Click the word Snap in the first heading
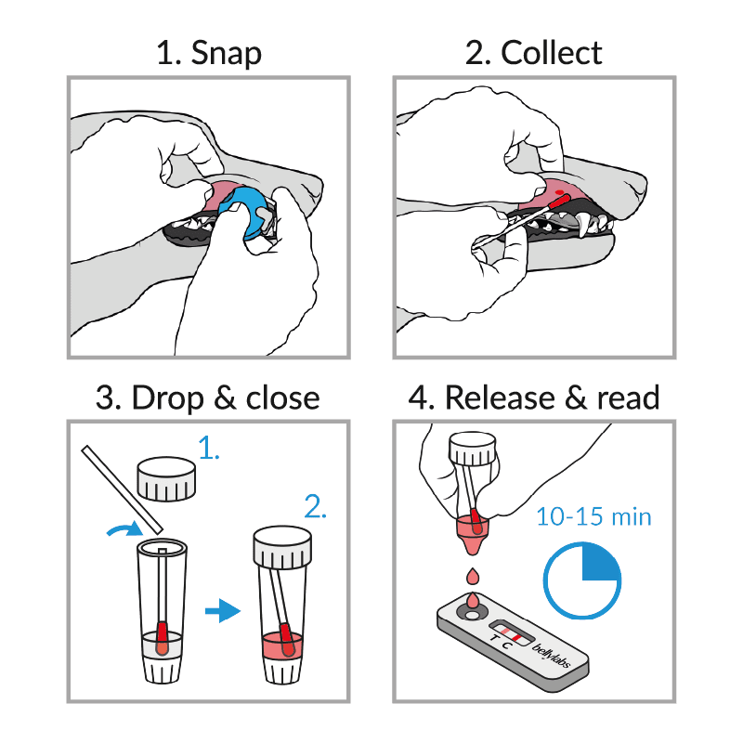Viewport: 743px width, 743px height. click(226, 53)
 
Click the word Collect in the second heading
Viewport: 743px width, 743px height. click(552, 52)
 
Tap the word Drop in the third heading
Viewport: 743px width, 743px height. click(168, 398)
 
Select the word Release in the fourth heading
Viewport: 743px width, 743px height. click(500, 398)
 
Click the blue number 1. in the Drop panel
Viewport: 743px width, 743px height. click(208, 448)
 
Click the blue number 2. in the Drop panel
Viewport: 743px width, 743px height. click(315, 506)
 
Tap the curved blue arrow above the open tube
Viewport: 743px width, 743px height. click(124, 528)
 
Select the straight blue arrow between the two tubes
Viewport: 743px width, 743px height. click(223, 610)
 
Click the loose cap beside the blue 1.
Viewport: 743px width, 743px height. click(166, 478)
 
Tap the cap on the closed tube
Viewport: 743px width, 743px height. click(282, 547)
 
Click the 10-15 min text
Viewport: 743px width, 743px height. click(593, 516)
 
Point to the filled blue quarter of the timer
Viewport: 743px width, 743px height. click(599, 563)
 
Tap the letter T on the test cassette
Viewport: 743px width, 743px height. click(495, 638)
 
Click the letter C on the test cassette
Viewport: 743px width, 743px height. click(507, 645)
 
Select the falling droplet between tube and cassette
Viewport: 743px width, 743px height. click(473, 577)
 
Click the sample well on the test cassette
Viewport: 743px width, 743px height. click(473, 615)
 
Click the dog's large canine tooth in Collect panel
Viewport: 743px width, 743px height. click(583, 225)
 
